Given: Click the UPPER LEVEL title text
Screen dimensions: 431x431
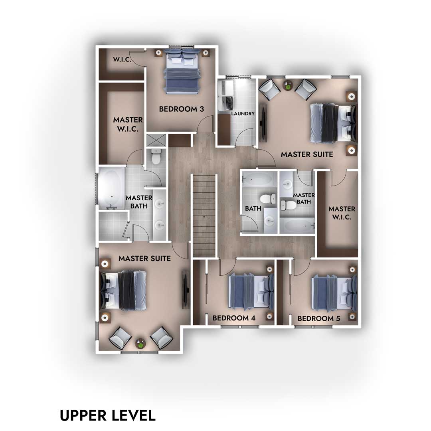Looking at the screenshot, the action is tap(108, 415).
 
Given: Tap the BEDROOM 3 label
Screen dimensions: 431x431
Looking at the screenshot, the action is tap(182, 109).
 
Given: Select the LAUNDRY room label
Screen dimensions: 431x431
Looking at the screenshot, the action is tap(243, 113).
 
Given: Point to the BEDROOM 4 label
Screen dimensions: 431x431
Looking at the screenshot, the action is tap(234, 318).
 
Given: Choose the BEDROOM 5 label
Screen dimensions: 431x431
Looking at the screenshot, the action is tap(319, 318).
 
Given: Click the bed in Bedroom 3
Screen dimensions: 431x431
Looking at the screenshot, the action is tap(182, 71).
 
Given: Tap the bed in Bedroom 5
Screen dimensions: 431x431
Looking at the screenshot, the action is tap(334, 292).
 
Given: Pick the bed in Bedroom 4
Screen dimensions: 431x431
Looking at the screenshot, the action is tap(251, 292).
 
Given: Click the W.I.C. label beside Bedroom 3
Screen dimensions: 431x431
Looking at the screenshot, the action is tap(122, 59).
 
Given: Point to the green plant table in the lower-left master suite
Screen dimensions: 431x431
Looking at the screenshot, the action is tap(140, 343).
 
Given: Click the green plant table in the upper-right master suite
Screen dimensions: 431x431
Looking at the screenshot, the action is tap(288, 86).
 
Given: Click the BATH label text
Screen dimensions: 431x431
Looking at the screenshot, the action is tap(253, 208).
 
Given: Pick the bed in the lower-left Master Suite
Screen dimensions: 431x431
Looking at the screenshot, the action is tap(123, 290).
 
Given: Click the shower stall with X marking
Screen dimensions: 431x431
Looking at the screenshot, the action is tap(156, 140).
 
